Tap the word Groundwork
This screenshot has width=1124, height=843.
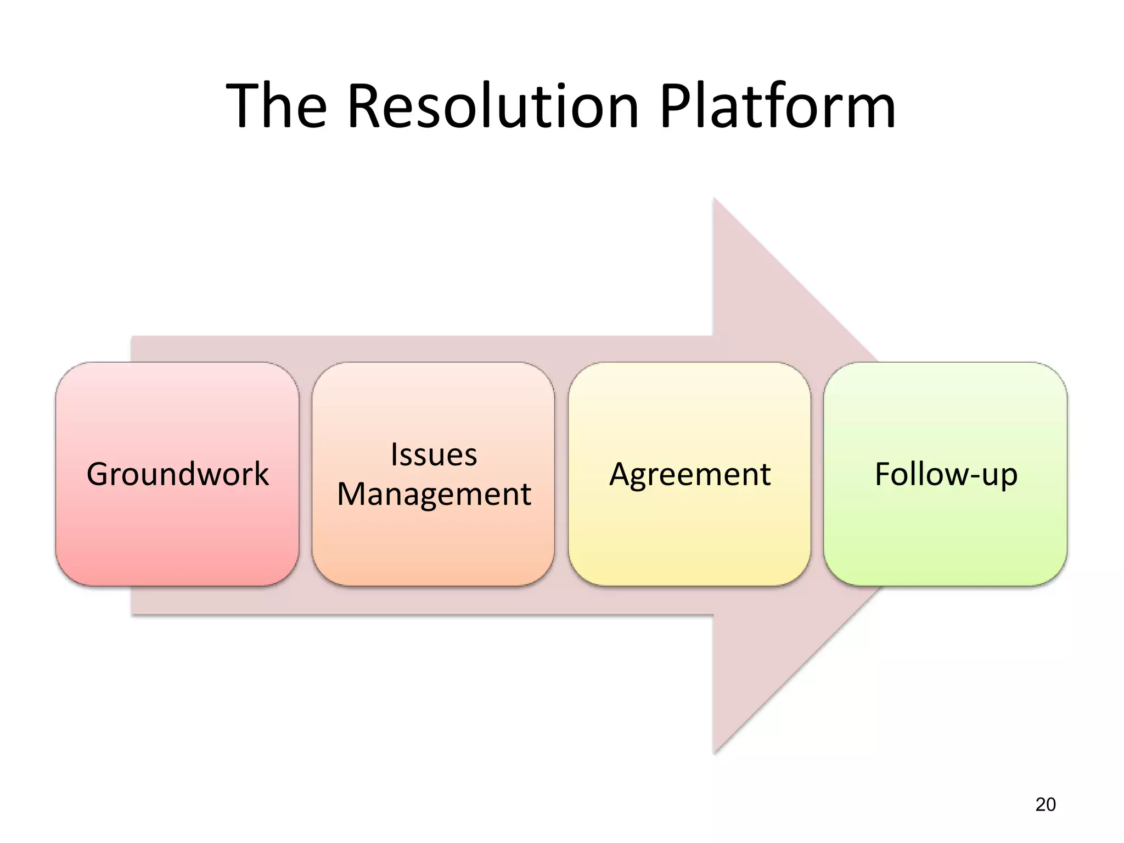click(177, 474)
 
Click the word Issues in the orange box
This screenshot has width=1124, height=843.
click(434, 454)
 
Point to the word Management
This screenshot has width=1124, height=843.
click(434, 494)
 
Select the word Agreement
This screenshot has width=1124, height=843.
click(690, 474)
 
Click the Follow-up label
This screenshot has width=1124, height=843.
click(946, 474)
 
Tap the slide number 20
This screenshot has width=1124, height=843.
click(1045, 805)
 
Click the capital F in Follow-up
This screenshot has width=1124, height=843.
click(883, 474)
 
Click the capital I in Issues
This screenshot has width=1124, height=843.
click(394, 454)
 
